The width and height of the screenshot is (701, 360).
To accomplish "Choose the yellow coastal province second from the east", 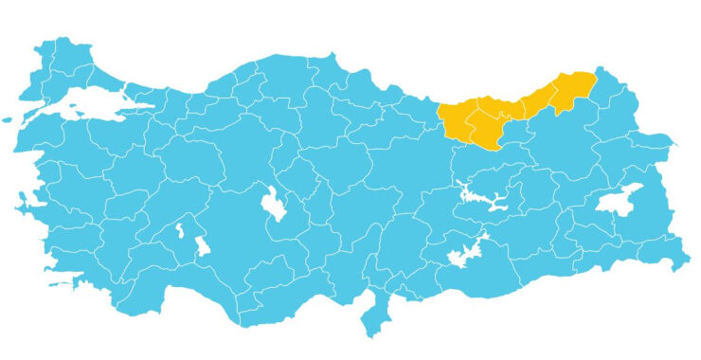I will pos(535,102).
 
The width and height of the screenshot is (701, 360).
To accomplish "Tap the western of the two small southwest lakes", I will pos(178,230).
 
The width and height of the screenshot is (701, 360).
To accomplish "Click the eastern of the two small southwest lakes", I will pos(202,246).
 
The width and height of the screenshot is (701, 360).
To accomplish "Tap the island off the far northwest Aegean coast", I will pos(10,120).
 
